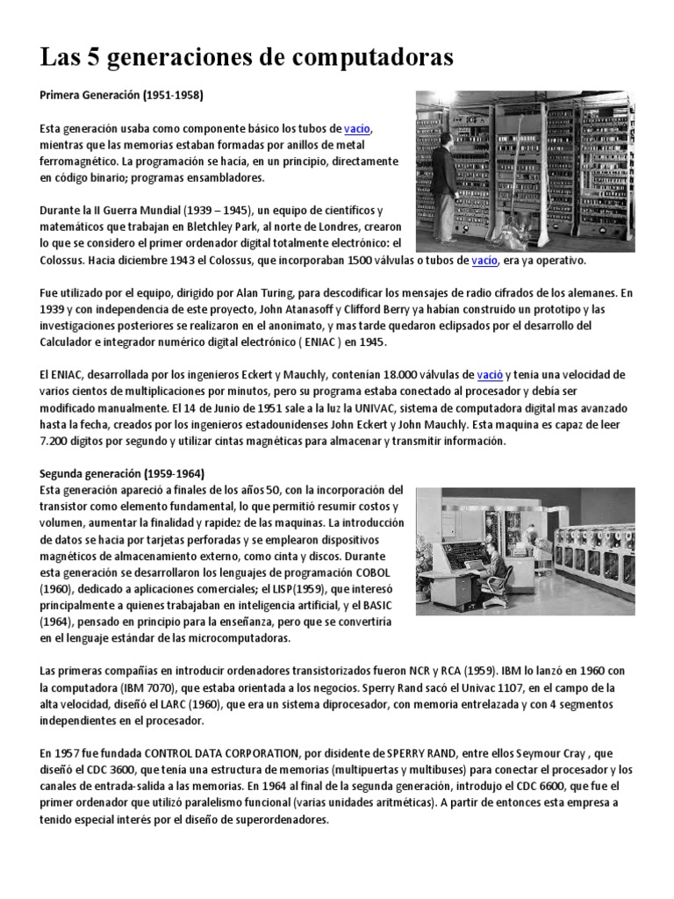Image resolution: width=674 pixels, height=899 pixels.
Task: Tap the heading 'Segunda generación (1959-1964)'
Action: coord(122,474)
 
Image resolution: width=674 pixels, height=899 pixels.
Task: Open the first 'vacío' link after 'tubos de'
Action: coord(357,128)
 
